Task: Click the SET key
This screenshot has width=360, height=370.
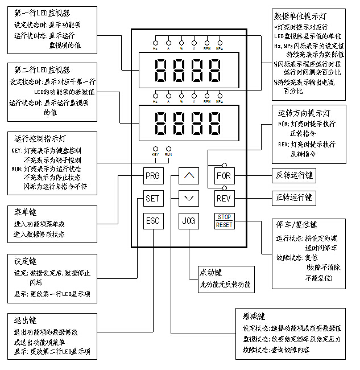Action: [152, 199]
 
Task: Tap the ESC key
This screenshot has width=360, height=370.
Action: [152, 220]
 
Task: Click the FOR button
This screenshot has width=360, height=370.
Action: [223, 176]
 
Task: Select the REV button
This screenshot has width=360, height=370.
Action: [223, 199]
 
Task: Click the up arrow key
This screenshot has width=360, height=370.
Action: [188, 176]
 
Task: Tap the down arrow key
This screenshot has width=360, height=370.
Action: [188, 199]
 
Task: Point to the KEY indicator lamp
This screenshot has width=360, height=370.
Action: [154, 149]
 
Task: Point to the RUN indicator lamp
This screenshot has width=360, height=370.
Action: [168, 149]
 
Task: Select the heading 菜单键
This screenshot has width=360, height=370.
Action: [26, 213]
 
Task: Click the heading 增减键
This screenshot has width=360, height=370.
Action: [254, 316]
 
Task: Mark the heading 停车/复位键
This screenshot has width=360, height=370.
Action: [297, 225]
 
